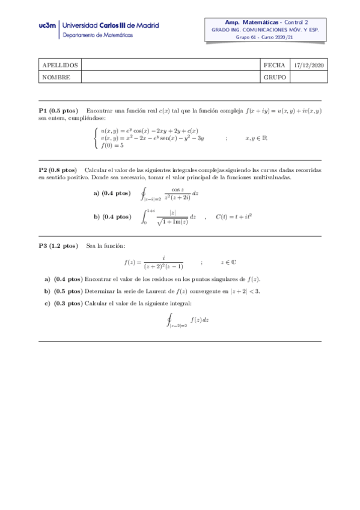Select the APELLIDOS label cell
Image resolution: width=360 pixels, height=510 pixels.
point(59,64)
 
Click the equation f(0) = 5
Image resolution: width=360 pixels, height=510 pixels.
point(112,145)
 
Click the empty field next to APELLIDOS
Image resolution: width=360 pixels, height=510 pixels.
point(170,64)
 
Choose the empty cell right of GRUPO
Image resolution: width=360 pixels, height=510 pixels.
point(307,77)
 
